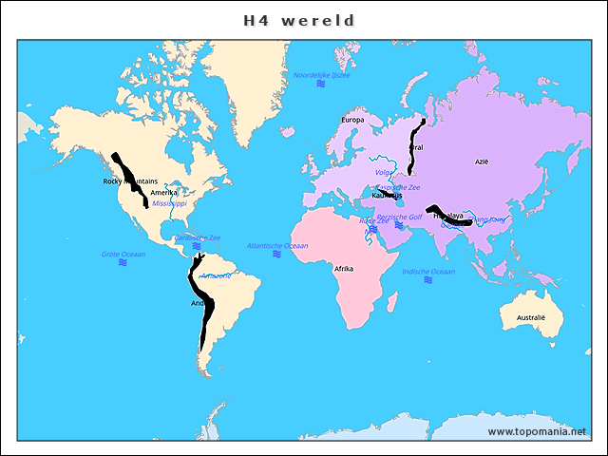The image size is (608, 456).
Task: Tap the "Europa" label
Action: (x=352, y=121)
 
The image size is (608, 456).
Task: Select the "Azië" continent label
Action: (x=482, y=162)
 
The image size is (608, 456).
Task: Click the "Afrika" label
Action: (x=344, y=269)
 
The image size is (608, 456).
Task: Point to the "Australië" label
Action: (x=531, y=317)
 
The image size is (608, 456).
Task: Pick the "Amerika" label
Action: (x=163, y=193)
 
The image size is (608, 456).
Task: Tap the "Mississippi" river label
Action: (x=170, y=203)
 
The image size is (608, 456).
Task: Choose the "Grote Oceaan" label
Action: (x=123, y=254)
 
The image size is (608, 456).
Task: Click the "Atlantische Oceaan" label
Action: (x=277, y=246)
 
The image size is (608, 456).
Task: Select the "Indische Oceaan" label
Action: (x=428, y=272)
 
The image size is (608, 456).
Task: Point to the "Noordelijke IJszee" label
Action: (x=321, y=74)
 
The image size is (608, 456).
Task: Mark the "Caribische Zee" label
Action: (x=198, y=237)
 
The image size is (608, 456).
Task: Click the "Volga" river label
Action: (x=384, y=172)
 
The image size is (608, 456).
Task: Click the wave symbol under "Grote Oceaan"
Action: (x=123, y=263)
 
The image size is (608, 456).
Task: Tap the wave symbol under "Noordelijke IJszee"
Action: (x=321, y=84)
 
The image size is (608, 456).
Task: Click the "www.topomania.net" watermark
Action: (x=538, y=432)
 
